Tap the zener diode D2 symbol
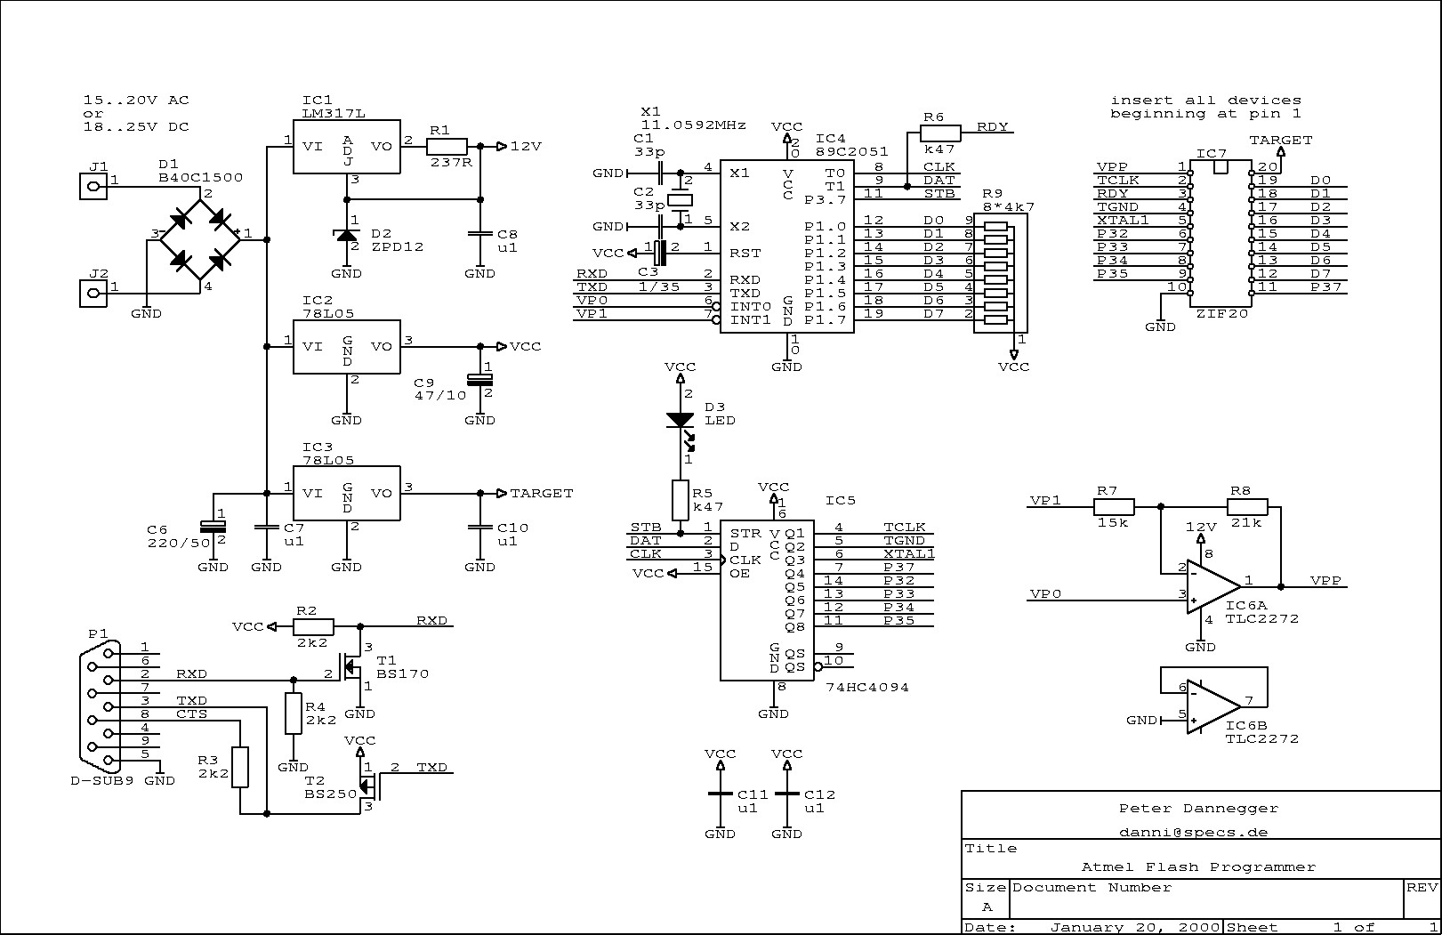pyautogui.click(x=347, y=234)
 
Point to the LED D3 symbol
pyautogui.click(x=681, y=420)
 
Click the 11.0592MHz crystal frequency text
pyautogui.click(x=693, y=125)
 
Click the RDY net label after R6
pyautogui.click(x=992, y=126)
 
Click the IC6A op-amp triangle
pyautogui.click(x=1212, y=587)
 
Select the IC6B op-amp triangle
pyautogui.click(x=1212, y=707)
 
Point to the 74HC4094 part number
pyautogui.click(x=866, y=687)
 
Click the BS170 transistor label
pyautogui.click(x=402, y=673)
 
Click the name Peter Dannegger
pyautogui.click(x=1197, y=809)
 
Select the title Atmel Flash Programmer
pyautogui.click(x=1197, y=866)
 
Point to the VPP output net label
pyautogui.click(x=1325, y=581)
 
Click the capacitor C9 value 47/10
pyautogui.click(x=439, y=395)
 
